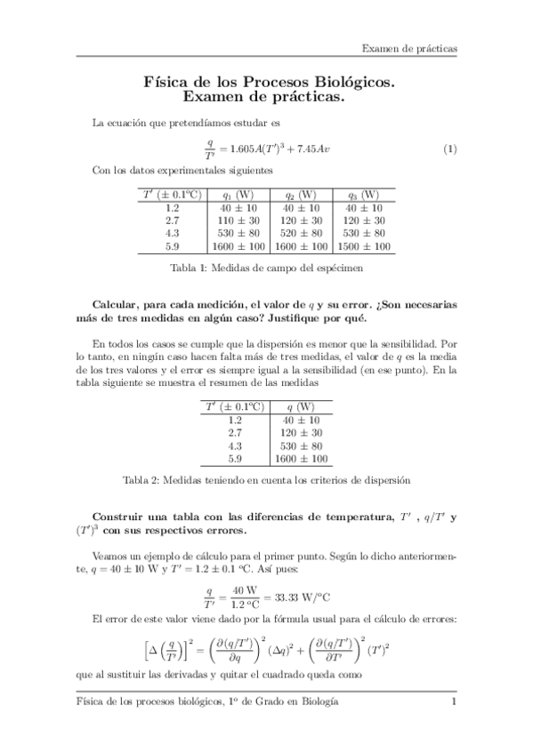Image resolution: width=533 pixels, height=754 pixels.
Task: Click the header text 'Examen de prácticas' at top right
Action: coord(409,47)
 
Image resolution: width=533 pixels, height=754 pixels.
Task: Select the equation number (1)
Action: coord(449,148)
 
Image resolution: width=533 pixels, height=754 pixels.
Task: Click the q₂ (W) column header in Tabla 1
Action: coord(301,195)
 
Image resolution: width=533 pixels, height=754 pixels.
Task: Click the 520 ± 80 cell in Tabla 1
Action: coord(301,233)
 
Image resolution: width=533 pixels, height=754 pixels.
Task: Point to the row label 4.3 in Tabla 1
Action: coord(174,233)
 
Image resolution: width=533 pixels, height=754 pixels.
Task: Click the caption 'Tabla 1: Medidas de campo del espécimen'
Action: coord(266,266)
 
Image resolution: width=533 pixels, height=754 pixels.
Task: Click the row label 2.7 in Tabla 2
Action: coord(235,433)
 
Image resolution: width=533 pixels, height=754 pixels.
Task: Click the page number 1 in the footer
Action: coord(454,702)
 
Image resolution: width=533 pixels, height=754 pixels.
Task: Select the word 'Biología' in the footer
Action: coord(315,702)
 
